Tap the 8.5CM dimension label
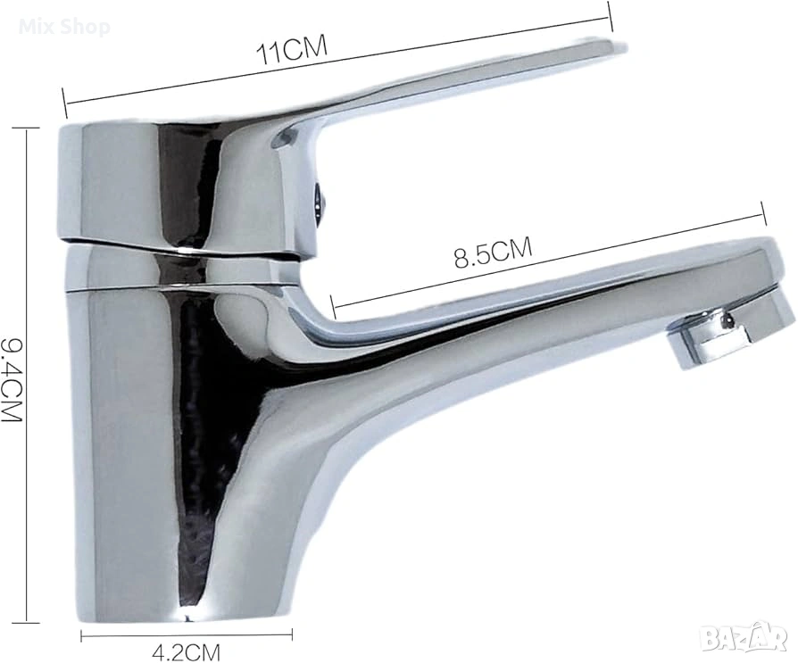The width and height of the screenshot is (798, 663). pyautogui.click(x=493, y=252)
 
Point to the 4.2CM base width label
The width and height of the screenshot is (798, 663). pyautogui.click(x=186, y=651)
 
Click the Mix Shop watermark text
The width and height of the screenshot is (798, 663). pyautogui.click(x=64, y=27)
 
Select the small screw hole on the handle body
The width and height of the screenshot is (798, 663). pyautogui.click(x=319, y=200)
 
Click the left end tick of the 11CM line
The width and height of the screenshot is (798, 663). pyautogui.click(x=64, y=103)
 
